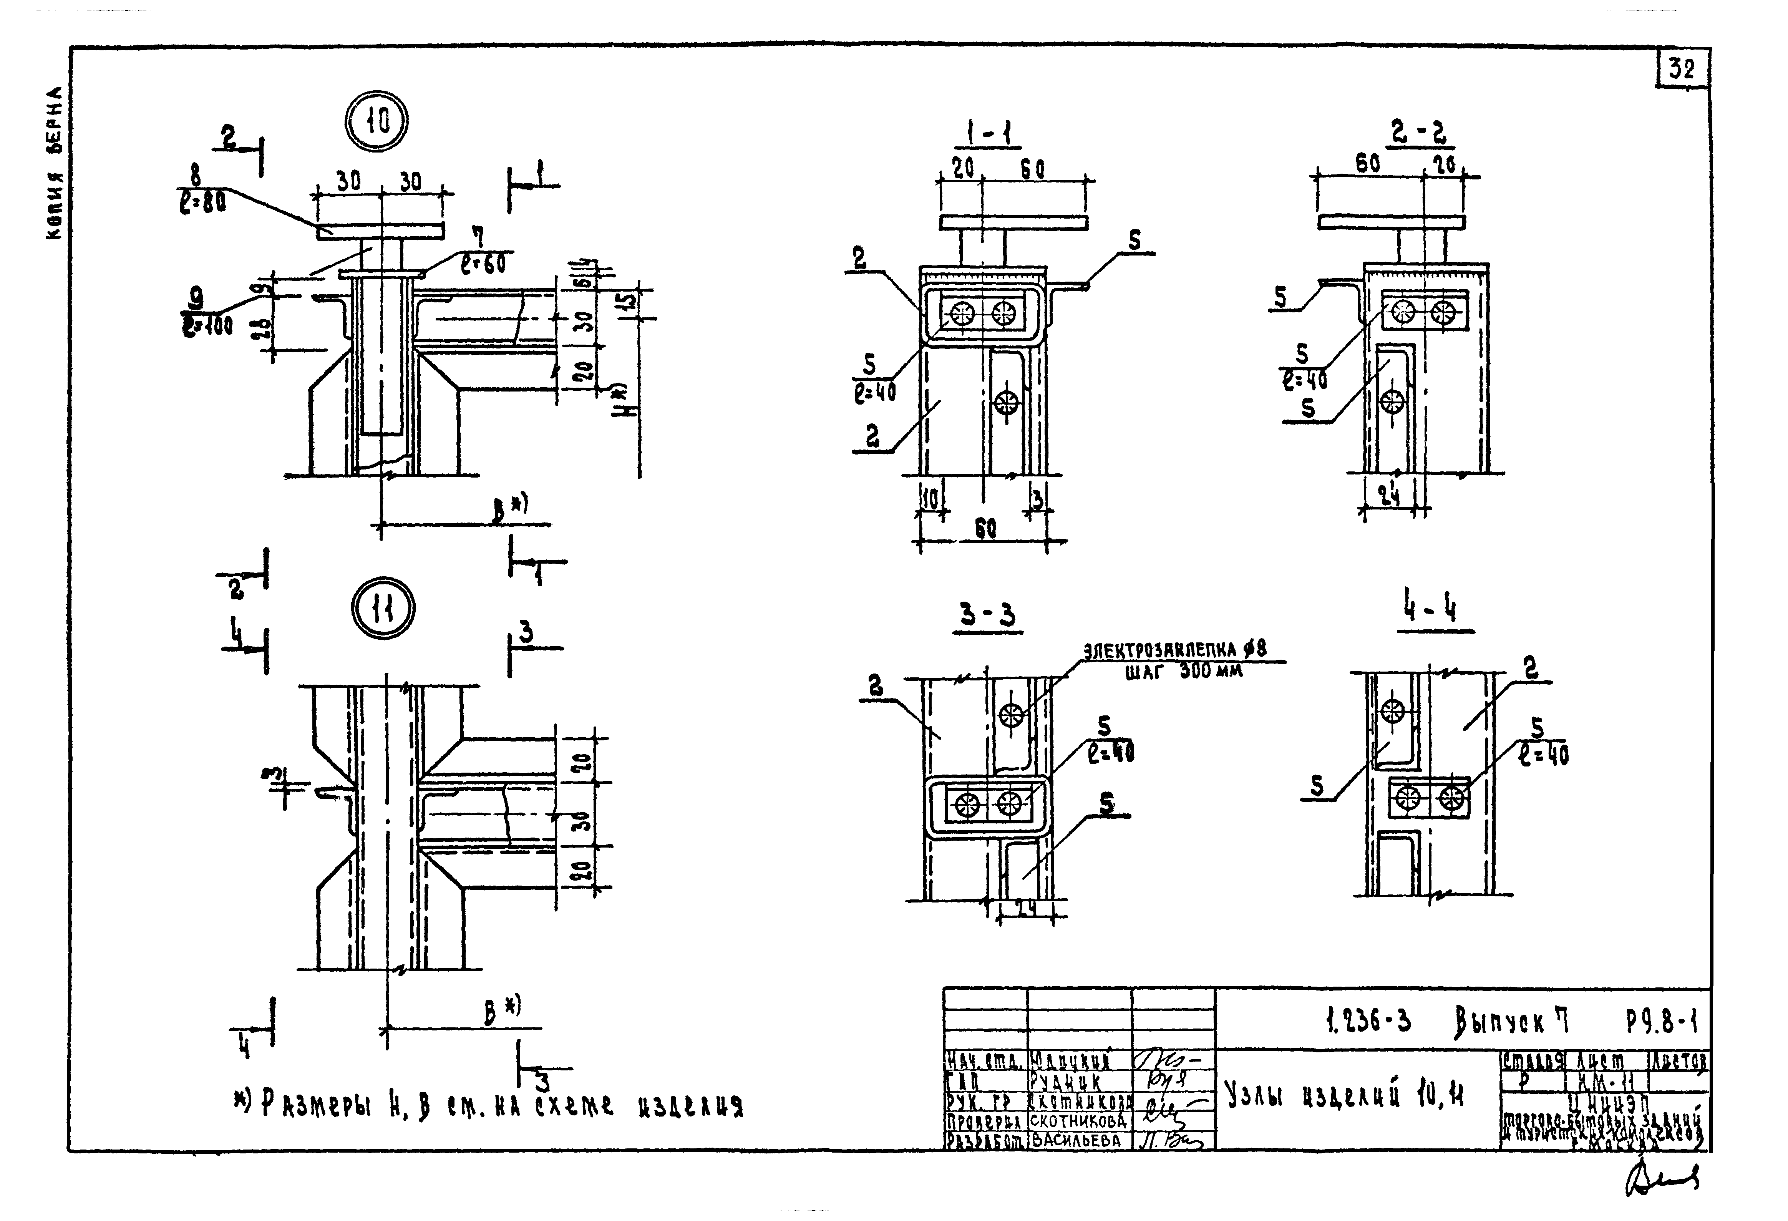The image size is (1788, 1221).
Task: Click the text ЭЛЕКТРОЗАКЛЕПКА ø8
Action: tap(1175, 651)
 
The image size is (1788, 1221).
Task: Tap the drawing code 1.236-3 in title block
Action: tap(1368, 1022)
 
